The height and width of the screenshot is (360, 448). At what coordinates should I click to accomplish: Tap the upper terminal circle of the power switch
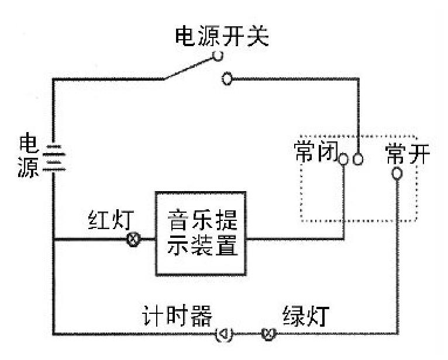[218, 56]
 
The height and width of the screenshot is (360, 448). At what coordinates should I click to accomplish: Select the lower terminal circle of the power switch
[228, 79]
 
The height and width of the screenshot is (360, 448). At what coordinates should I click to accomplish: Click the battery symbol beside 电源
[54, 156]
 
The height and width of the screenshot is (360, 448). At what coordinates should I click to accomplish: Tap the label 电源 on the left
[29, 156]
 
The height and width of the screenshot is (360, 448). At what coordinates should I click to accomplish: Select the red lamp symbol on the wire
[133, 239]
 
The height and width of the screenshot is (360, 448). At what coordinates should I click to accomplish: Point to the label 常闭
[314, 153]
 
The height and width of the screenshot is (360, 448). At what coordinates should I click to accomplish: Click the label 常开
[408, 154]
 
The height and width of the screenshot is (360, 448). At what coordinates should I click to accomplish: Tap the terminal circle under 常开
[397, 174]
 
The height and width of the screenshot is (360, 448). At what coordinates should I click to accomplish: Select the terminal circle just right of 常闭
[344, 159]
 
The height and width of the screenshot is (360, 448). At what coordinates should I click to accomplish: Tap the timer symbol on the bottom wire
[225, 334]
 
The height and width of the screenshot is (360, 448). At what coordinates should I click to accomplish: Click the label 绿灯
[305, 316]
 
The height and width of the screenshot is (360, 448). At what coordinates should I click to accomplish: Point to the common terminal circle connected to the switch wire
[358, 159]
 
